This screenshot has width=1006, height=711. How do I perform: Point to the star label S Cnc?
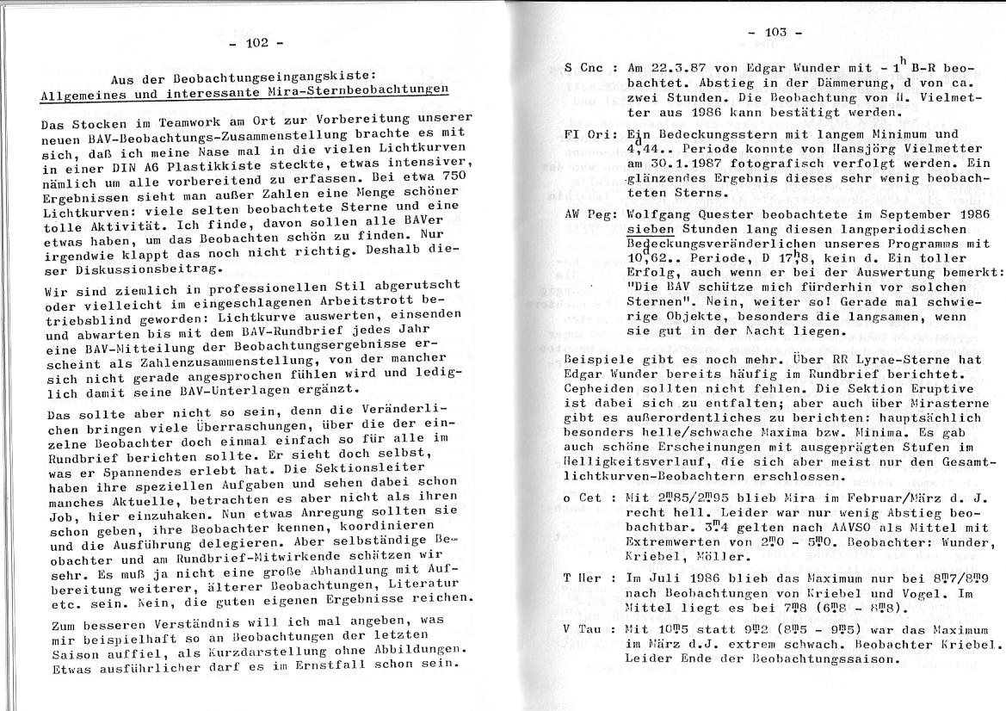pyautogui.click(x=586, y=67)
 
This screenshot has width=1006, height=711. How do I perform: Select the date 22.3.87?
pyautogui.click(x=681, y=68)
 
